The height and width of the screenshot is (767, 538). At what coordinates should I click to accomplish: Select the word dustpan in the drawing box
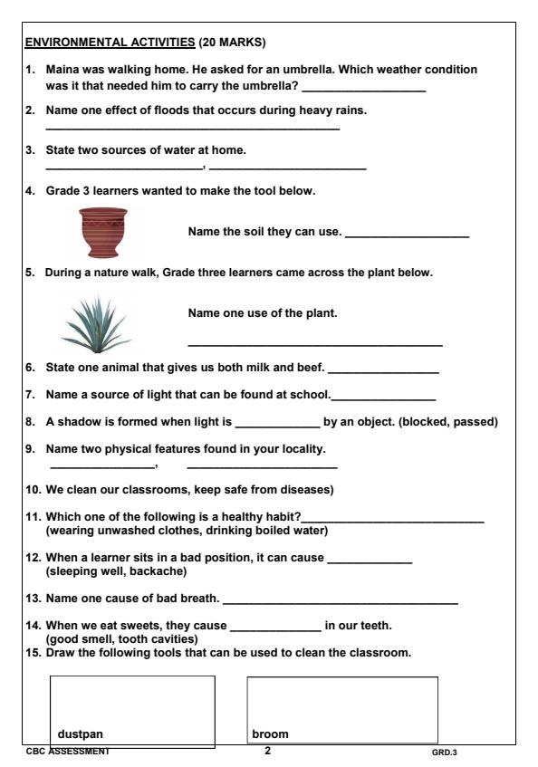click(80, 733)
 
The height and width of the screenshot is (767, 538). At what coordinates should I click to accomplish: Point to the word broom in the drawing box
click(270, 733)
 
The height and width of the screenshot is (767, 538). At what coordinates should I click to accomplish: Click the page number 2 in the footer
click(267, 751)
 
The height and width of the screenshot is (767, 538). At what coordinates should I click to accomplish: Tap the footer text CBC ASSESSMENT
click(67, 752)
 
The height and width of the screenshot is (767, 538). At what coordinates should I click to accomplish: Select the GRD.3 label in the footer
click(445, 752)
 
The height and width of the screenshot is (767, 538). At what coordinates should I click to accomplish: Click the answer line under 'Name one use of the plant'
click(314, 345)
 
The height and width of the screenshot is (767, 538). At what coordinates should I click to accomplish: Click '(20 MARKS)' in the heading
click(229, 43)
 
